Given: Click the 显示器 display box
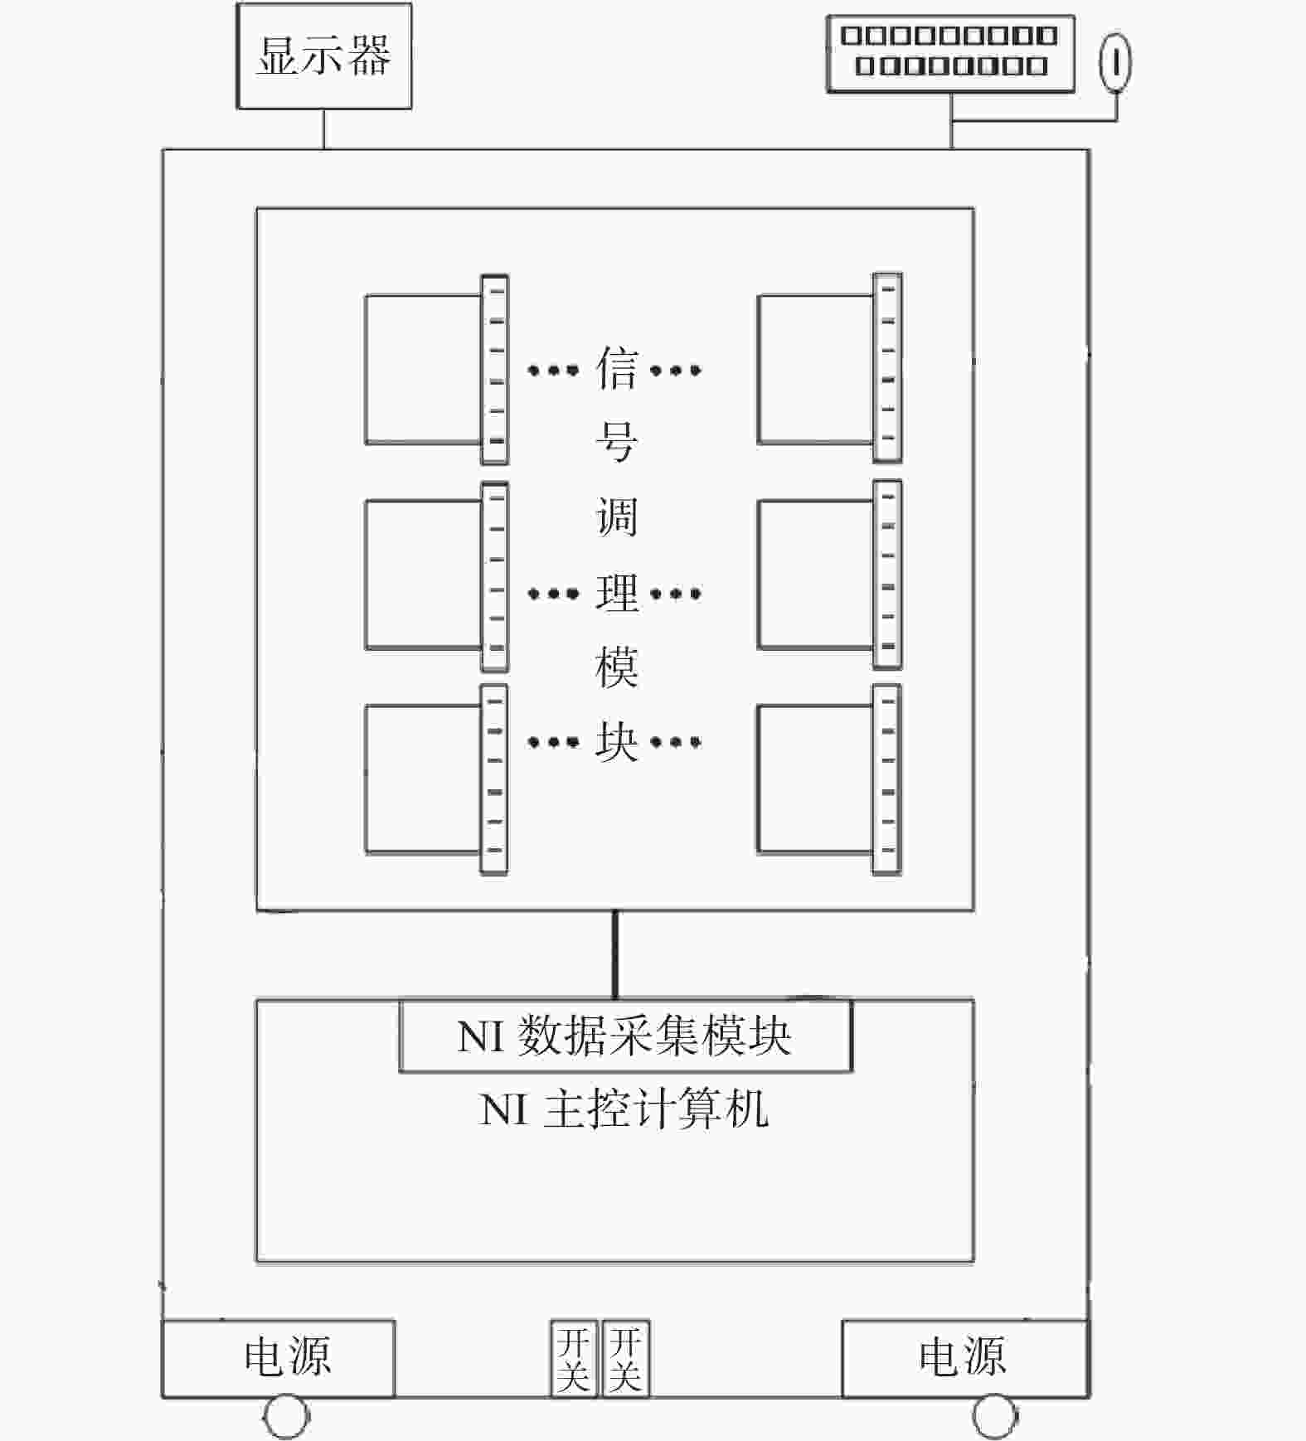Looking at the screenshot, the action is coord(324,56).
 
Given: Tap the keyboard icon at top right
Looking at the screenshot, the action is coord(950,53).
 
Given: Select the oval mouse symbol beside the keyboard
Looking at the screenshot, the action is coord(1115,62).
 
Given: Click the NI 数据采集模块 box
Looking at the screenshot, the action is coord(625,1036).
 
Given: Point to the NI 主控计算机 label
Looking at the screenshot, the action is coord(624,1109).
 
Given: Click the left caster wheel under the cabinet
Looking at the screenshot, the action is coord(286,1418).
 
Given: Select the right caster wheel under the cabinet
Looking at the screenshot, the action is coord(995,1418).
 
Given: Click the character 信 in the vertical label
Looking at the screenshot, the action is coord(617,369).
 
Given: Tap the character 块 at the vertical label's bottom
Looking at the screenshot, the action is coord(617,740).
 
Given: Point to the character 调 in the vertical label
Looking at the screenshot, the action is coord(617,517).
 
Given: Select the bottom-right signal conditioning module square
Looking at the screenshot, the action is coord(815,779).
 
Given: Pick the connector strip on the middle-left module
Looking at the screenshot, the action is coord(494,576).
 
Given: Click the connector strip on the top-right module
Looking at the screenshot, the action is coord(887,367).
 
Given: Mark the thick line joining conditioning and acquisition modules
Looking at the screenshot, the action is coord(615,955).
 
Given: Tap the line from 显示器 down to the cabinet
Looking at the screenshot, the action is coord(323,129).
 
